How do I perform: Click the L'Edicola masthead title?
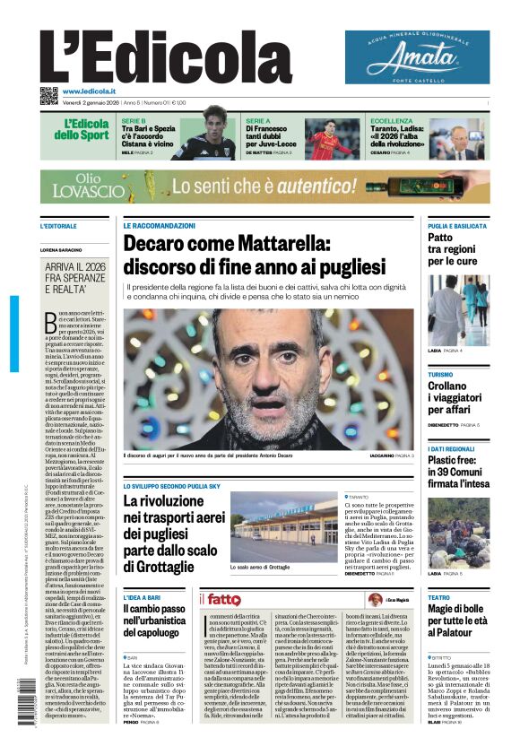click(x=152, y=57)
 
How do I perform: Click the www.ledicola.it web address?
click(x=89, y=91)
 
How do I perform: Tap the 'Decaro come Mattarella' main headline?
click(x=254, y=255)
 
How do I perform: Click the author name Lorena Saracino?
click(x=65, y=249)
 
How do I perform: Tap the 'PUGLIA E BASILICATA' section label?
click(x=458, y=227)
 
